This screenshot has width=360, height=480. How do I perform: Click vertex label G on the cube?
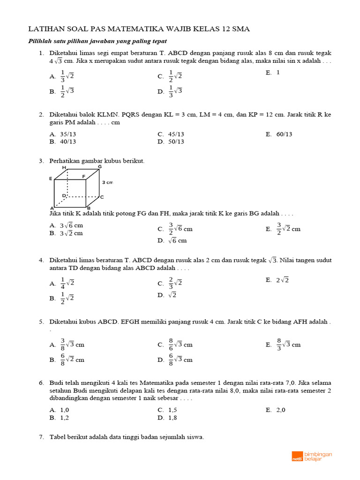coord(99,166)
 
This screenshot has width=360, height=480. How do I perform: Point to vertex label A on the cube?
coord(52,208)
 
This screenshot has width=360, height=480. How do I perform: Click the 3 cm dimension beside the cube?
coord(108,182)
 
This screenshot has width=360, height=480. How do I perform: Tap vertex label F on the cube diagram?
coord(84,177)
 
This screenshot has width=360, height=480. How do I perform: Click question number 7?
coord(41,437)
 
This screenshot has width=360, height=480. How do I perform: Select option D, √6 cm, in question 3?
coord(177,240)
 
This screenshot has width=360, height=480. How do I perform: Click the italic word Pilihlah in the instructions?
coord(41,41)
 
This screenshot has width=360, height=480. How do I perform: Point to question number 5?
coord(41,322)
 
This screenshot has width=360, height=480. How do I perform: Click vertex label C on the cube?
coord(101,197)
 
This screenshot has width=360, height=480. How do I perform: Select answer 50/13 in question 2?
coord(176,142)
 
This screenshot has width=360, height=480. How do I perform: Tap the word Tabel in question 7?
coord(58,437)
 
